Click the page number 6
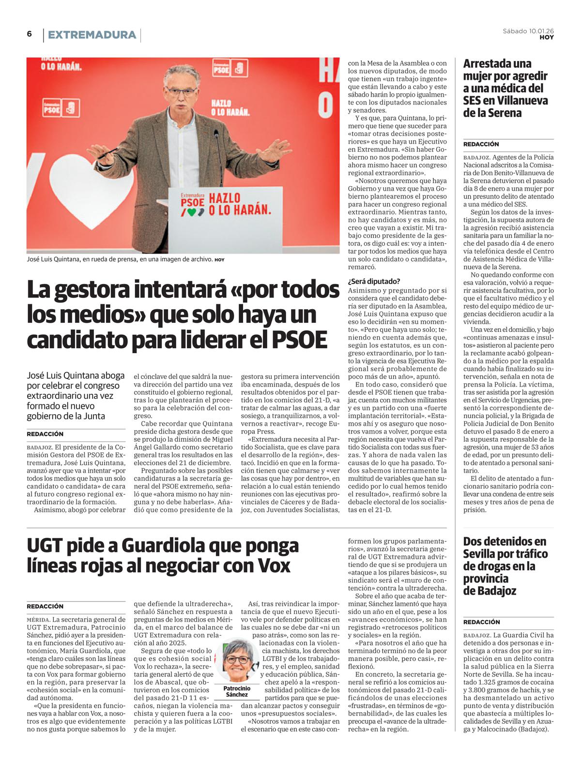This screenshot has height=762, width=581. coord(30,34)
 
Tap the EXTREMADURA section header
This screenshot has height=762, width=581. coord(92,35)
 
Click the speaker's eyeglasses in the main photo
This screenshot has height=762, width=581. coord(183,90)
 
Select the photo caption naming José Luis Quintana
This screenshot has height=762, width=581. coord(120,259)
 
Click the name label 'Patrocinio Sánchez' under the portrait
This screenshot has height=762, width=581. coord(237,691)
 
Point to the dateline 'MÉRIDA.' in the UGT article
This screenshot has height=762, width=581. coord(38,620)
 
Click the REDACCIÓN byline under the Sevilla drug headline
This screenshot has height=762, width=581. coord(481,622)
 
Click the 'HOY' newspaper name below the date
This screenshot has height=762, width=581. coord(547,38)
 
